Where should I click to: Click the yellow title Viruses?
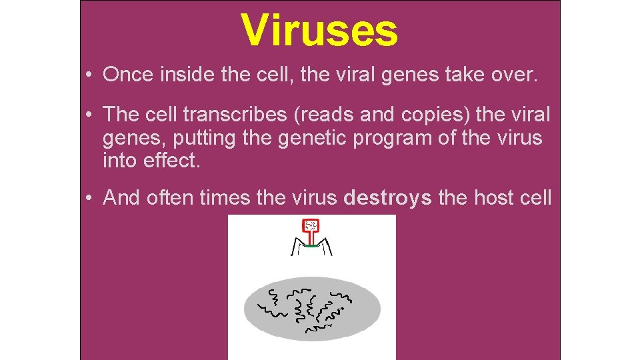pos(319,31)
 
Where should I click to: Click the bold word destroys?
pos(387,198)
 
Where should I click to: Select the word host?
pos(491,198)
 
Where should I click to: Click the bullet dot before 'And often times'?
pos(89,199)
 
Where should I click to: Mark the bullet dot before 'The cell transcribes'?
pos(89,115)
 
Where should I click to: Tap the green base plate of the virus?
pos(310,245)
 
